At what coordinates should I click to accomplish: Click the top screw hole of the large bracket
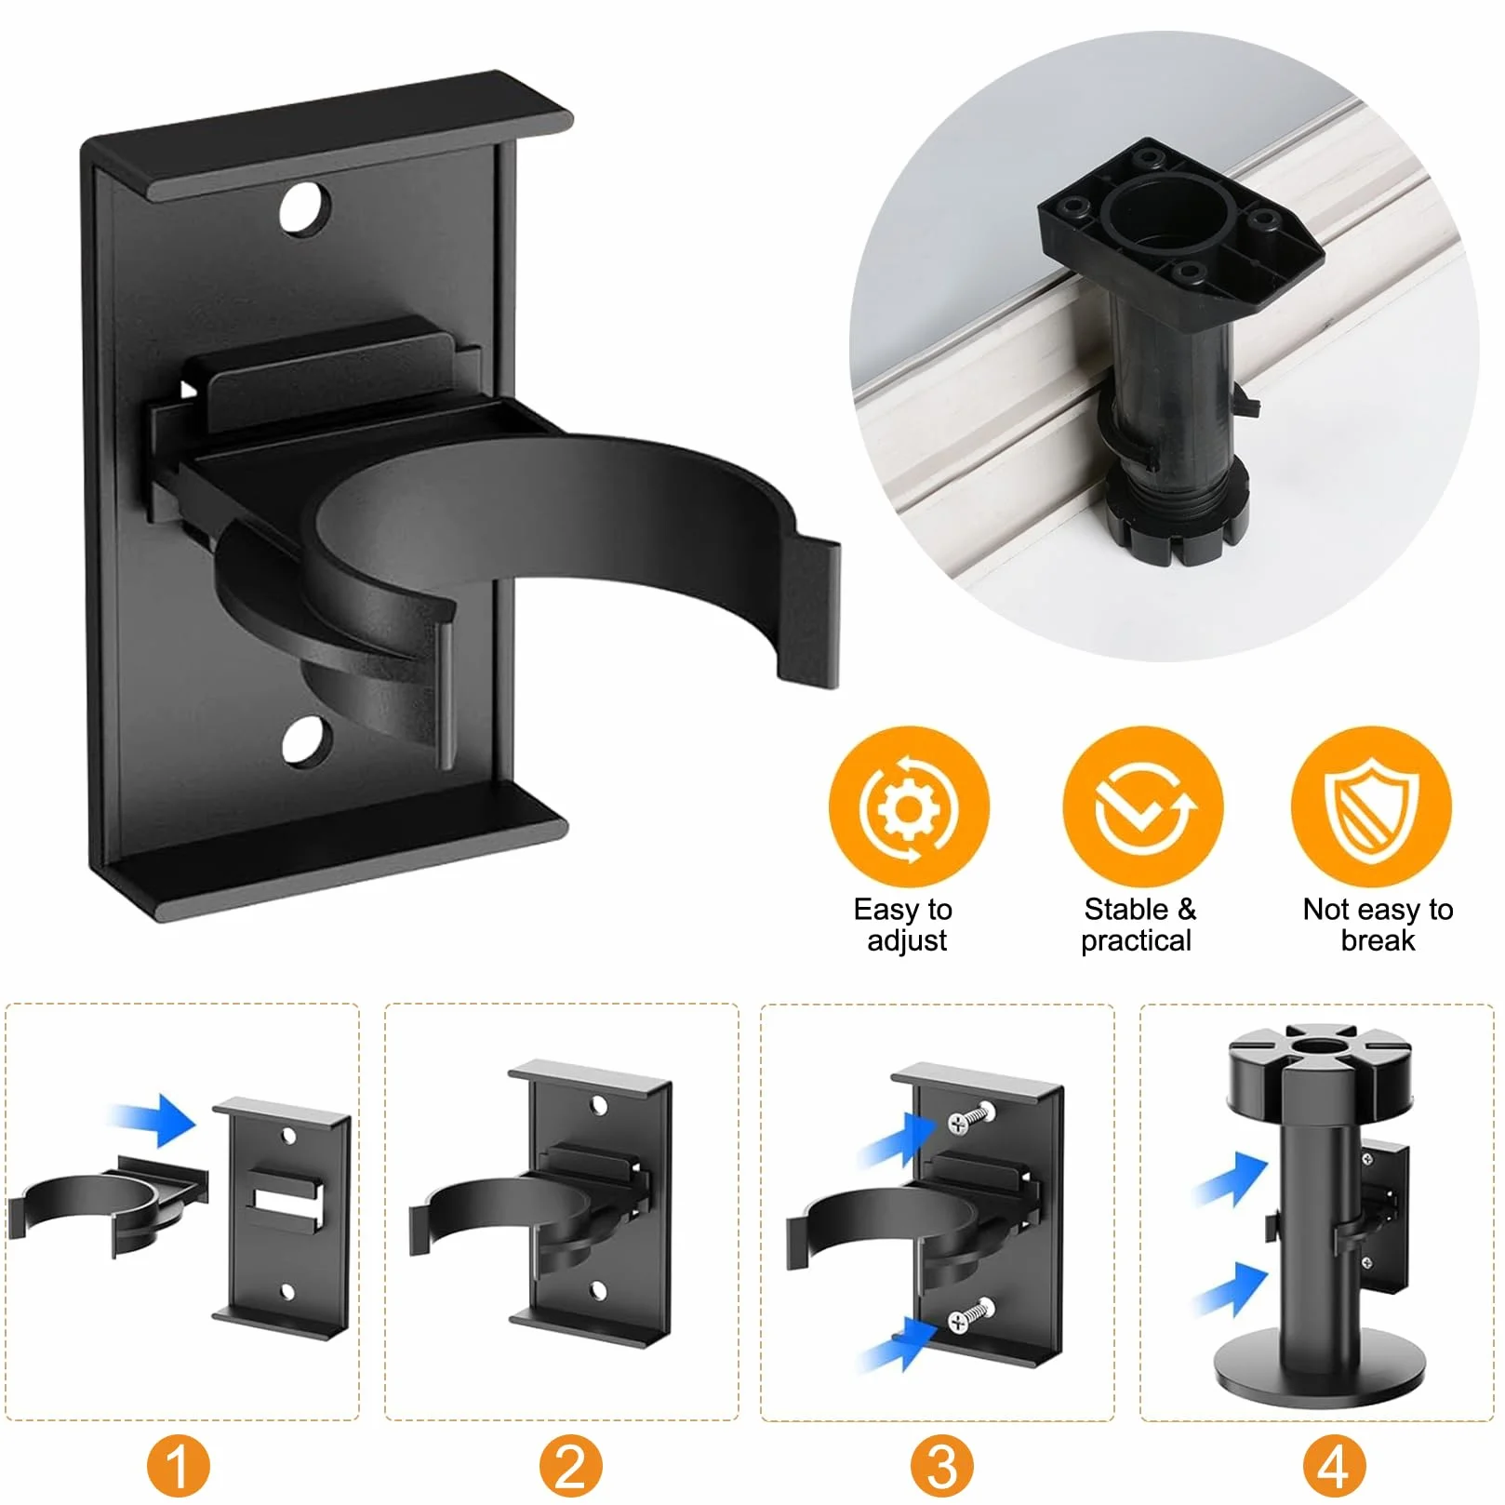(x=305, y=208)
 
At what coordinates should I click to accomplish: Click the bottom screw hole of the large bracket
(x=307, y=741)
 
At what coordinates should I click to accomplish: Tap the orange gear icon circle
(x=909, y=806)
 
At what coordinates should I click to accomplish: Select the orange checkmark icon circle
(x=1142, y=806)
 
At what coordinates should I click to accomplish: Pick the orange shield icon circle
(x=1371, y=806)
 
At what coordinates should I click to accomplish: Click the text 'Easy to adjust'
(x=904, y=924)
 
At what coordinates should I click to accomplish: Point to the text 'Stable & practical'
(x=1139, y=924)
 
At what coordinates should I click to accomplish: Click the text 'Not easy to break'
(x=1378, y=924)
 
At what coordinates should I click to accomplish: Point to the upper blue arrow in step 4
(x=1230, y=1179)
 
